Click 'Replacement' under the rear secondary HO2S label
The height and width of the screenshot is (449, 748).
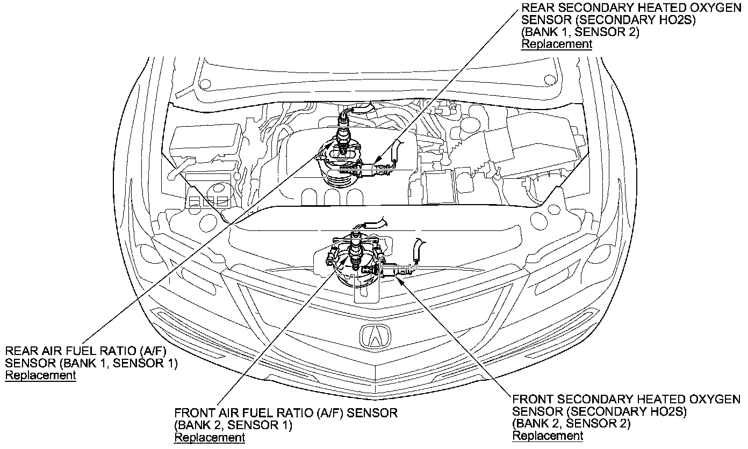coord(557,44)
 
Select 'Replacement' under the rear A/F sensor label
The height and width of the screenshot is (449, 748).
coord(40,375)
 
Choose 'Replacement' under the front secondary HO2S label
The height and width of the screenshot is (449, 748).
coord(548,435)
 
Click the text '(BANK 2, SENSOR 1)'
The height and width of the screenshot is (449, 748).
coord(233,425)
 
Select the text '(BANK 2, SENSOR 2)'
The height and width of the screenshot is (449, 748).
coord(571,423)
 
